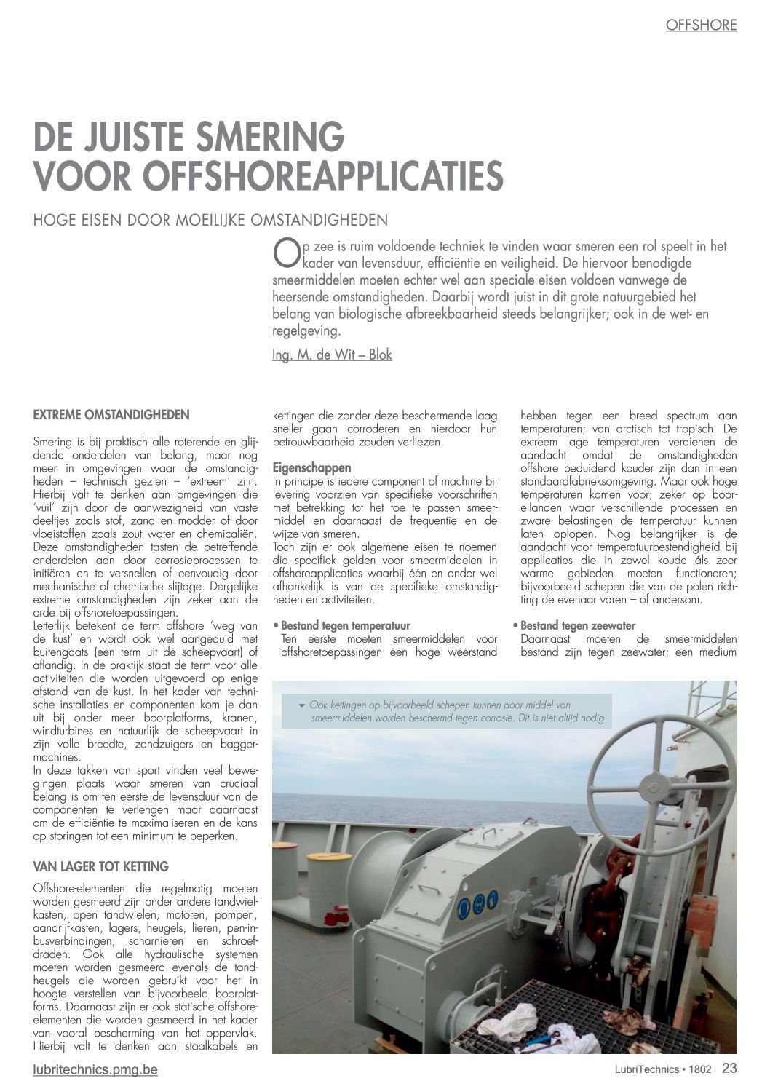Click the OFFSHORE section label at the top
[701, 25]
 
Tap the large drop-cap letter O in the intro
[285, 253]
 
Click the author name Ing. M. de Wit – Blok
[332, 355]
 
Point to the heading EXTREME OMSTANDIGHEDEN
[111, 415]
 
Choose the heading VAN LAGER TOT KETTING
[100, 866]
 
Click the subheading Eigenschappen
[311, 467]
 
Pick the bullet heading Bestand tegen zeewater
[577, 625]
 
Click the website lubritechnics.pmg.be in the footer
[95, 1070]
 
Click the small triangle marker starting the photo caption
[301, 705]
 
